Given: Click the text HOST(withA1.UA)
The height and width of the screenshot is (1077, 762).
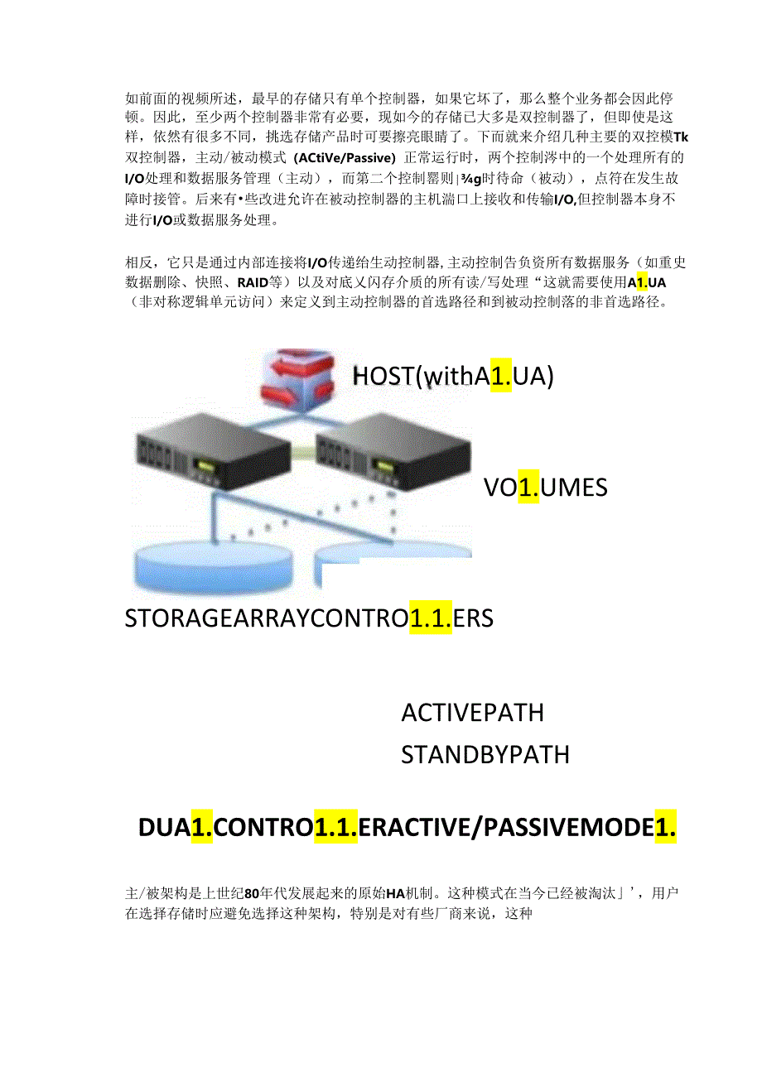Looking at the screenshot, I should point(452,377).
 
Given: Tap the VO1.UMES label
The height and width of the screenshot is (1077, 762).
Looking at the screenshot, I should point(545,487).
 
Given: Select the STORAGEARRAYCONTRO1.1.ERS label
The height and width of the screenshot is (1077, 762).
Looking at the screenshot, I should point(309,618).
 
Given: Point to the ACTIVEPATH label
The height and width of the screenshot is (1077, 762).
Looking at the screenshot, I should point(472,713).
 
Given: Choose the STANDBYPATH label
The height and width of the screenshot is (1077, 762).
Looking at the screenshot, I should point(485,755).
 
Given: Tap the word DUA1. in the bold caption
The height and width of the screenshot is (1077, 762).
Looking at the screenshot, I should point(176,827).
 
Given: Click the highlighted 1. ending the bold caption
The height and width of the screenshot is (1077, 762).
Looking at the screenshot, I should point(666,827).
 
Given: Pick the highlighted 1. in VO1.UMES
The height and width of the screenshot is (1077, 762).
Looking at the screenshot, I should point(528,487).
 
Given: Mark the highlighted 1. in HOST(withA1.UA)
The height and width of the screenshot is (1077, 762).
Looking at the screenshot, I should point(500,377).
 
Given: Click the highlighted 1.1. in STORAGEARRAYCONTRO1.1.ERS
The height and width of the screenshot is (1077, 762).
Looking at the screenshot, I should point(430,618).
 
